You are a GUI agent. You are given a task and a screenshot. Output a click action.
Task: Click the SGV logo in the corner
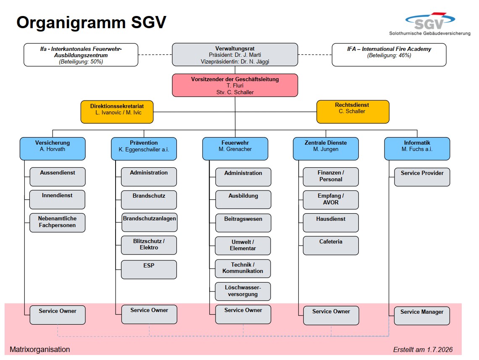pos(430,24)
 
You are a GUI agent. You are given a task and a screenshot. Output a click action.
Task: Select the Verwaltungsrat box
pos(235,55)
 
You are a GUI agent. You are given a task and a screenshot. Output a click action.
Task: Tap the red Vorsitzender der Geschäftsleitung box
pos(235,85)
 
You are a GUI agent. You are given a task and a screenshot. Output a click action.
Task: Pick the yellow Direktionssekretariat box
pos(117,112)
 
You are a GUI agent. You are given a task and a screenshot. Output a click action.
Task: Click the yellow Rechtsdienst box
pos(353,112)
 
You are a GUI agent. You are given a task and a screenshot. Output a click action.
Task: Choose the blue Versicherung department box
pos(53,148)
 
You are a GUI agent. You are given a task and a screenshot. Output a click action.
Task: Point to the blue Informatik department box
pos(417,148)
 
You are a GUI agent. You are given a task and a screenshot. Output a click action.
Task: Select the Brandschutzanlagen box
pos(150,222)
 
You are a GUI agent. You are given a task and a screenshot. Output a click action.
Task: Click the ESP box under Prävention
pos(149,270)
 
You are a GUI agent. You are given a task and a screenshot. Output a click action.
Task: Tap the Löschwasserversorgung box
pos(243,291)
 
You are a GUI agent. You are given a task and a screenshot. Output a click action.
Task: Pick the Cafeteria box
pos(331,246)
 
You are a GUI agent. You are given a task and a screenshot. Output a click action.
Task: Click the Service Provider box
pos(422,177)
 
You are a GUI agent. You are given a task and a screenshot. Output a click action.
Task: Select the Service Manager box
pos(422,316)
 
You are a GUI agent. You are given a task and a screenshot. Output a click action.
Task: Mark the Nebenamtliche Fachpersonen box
pos(58,222)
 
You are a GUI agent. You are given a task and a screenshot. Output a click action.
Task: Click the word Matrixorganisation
pos(40,349)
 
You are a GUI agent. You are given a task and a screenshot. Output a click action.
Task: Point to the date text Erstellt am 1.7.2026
pos(423,349)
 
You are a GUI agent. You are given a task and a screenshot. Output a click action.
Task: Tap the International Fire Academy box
pos(389,55)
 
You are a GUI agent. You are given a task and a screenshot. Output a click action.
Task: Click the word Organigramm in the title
pos(71,23)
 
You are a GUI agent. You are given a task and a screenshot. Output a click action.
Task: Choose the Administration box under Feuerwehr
pos(243,177)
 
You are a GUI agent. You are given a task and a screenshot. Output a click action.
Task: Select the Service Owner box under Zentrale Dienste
pos(331,316)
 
